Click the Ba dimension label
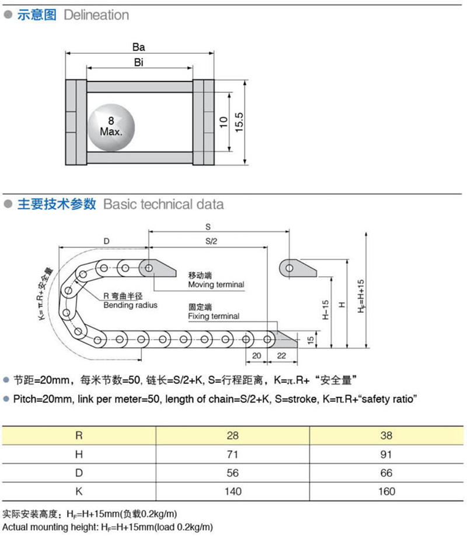pos(138,47)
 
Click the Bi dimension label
pos(138,62)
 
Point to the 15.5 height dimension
pos(239,122)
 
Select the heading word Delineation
pos(96,15)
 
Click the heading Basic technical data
pos(163,204)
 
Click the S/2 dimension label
pos(208,241)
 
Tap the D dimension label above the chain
pos(106,241)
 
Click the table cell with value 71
pos(233,454)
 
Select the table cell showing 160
pos(386,491)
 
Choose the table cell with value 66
pos(386,472)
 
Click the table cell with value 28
pos(233,435)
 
